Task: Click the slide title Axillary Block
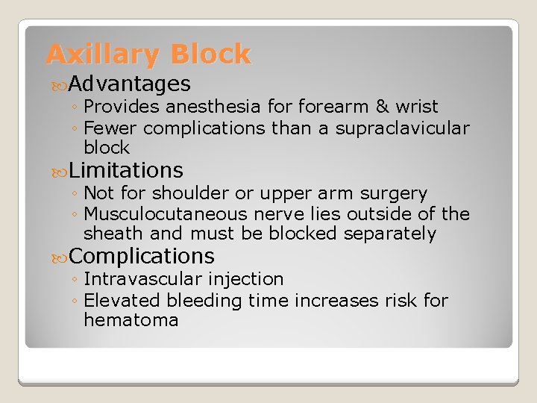click(148, 54)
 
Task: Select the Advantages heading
click(131, 84)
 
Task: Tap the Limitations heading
click(128, 171)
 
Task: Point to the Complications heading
click(142, 257)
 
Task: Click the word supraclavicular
click(402, 128)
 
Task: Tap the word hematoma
click(131, 321)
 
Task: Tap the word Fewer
click(108, 128)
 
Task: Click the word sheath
click(109, 234)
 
